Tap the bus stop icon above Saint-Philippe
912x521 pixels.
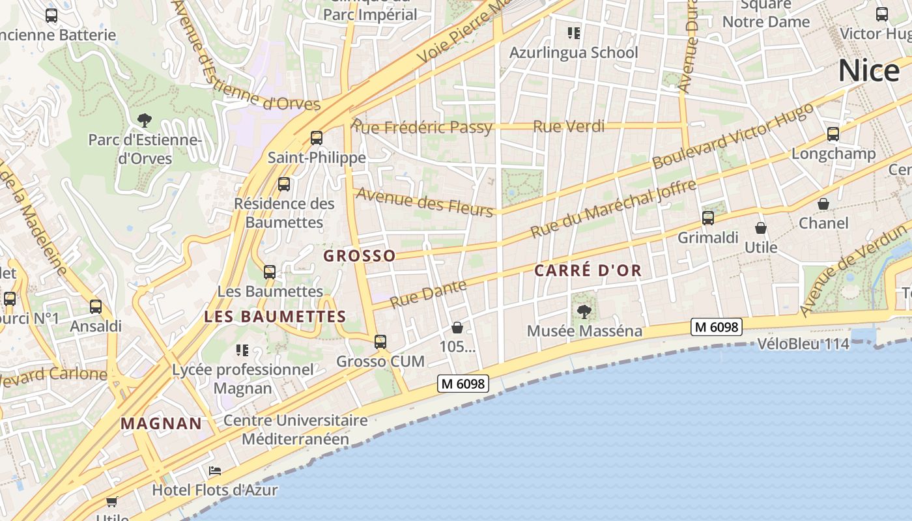click(x=317, y=138)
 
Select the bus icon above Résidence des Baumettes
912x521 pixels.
click(x=284, y=184)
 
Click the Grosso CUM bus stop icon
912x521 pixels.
click(x=380, y=341)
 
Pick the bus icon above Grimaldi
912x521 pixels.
click(x=708, y=218)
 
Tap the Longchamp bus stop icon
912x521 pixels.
click(x=833, y=135)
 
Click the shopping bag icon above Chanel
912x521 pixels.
click(x=823, y=204)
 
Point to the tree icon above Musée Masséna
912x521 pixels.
click(x=584, y=311)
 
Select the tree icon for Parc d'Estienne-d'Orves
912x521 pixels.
click(x=145, y=120)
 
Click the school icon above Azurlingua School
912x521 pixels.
click(x=573, y=33)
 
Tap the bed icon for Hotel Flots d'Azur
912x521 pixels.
click(x=215, y=470)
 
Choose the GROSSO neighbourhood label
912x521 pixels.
click(x=360, y=256)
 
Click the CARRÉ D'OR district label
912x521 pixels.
click(x=588, y=270)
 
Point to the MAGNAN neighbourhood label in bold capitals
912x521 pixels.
click(x=162, y=423)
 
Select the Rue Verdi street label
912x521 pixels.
click(x=569, y=126)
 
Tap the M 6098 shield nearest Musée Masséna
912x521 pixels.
click(x=717, y=327)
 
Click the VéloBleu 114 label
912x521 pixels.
click(x=803, y=343)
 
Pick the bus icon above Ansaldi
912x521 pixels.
click(x=96, y=307)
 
